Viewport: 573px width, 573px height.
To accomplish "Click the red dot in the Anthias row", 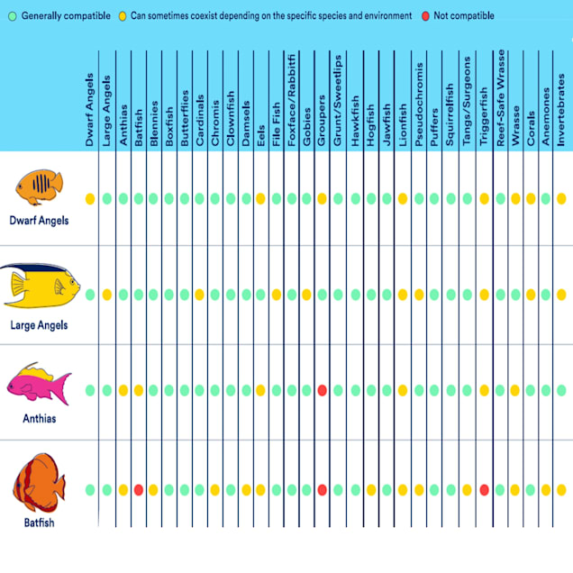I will [x=322, y=390].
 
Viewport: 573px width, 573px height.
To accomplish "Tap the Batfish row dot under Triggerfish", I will [x=484, y=490].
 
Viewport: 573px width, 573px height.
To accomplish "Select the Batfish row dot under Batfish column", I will [x=139, y=490].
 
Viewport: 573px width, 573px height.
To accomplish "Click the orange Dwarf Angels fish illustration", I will [x=38, y=188].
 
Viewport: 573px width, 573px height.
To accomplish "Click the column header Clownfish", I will [x=231, y=118].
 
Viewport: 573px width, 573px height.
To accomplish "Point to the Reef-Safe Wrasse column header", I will [x=500, y=103].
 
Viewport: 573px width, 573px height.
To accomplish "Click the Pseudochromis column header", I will [x=419, y=107].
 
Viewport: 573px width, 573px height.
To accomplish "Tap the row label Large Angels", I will [x=38, y=324].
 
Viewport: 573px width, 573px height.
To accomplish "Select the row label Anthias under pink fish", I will [x=38, y=418].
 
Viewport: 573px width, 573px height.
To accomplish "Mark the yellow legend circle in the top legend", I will [x=121, y=16].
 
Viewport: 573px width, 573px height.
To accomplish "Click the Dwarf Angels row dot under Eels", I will [x=260, y=198].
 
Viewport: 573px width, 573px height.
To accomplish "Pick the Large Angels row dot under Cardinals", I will [x=199, y=295].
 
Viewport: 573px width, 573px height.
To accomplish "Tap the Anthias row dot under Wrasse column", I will [x=515, y=390].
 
